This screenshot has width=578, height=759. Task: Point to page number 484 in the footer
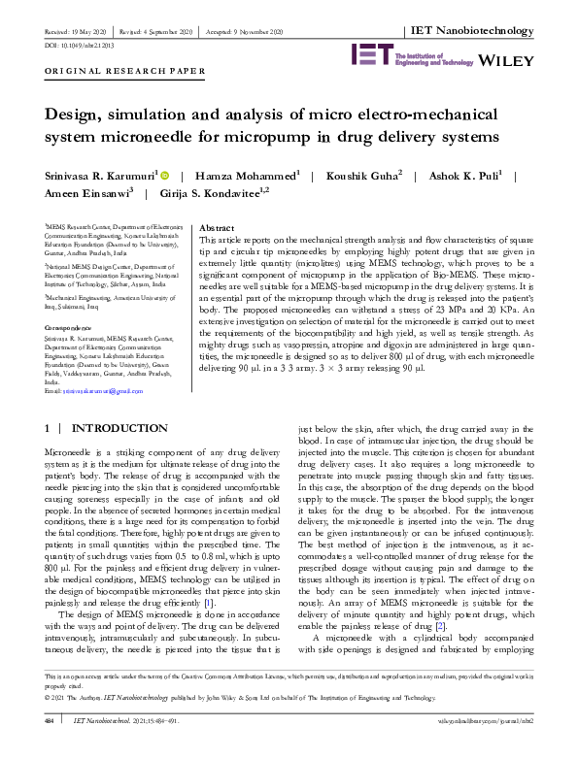click(49, 747)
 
